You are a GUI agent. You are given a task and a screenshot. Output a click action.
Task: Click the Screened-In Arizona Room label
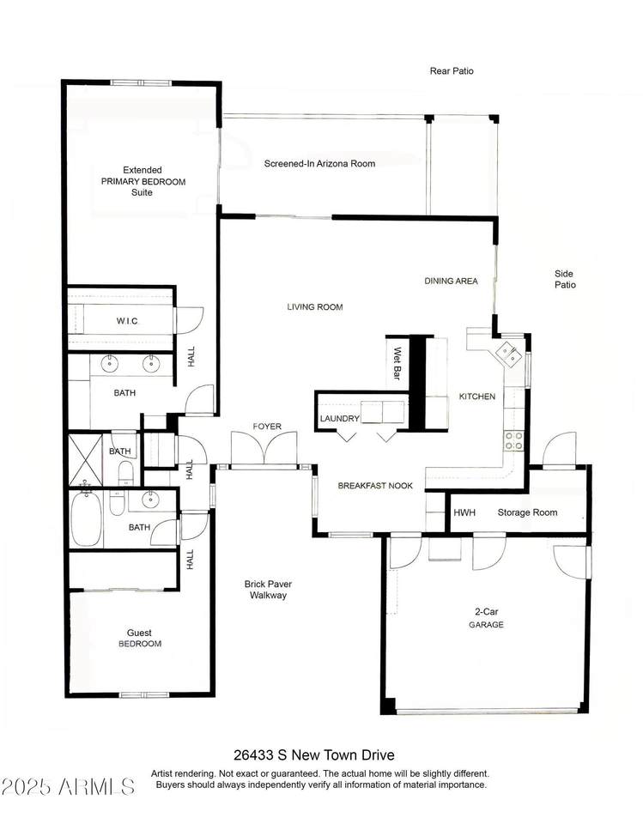click(319, 163)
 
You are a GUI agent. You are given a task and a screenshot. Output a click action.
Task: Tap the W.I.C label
click(127, 320)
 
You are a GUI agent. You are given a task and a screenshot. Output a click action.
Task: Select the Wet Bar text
click(397, 363)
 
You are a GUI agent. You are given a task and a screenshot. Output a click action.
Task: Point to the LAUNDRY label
click(340, 419)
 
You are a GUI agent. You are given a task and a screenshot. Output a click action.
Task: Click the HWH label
click(464, 512)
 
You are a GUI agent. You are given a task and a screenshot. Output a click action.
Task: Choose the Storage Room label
click(527, 512)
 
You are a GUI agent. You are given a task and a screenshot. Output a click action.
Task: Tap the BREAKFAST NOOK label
click(375, 486)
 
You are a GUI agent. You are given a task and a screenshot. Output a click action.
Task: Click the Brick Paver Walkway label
click(268, 589)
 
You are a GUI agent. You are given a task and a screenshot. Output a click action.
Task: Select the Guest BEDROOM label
click(139, 638)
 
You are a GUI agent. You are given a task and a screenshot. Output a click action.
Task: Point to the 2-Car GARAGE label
click(486, 618)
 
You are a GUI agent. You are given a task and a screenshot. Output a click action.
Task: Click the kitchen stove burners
click(513, 440)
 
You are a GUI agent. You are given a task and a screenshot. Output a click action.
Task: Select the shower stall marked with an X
click(85, 458)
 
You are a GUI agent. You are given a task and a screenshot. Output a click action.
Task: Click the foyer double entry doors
click(264, 448)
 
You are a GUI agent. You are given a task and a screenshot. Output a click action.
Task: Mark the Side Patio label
click(565, 279)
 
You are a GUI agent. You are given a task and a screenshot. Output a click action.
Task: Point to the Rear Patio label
click(452, 71)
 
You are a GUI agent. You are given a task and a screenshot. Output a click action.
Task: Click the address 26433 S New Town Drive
click(314, 755)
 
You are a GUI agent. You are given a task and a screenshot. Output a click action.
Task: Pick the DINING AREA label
click(451, 282)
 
